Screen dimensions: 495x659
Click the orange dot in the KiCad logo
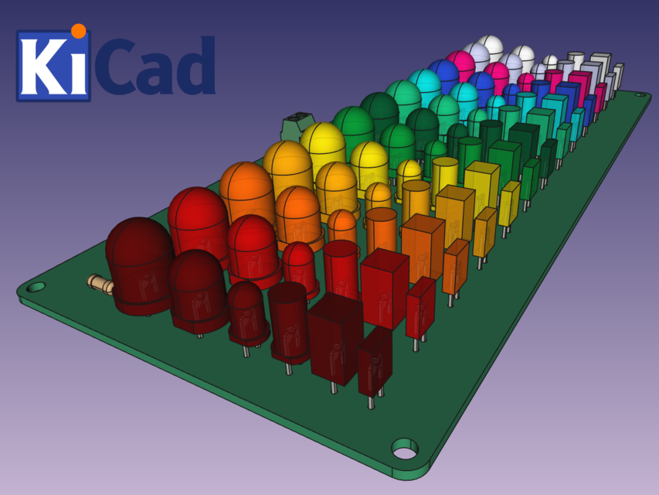[x=78, y=31]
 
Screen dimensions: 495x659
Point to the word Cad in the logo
[x=158, y=67]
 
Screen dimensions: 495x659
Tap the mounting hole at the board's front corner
[x=404, y=448]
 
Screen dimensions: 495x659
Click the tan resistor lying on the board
[x=100, y=284]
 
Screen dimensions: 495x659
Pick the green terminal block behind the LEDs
[x=298, y=125]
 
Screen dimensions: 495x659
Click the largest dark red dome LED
[x=140, y=263]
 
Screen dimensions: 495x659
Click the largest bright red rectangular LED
[x=383, y=287]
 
